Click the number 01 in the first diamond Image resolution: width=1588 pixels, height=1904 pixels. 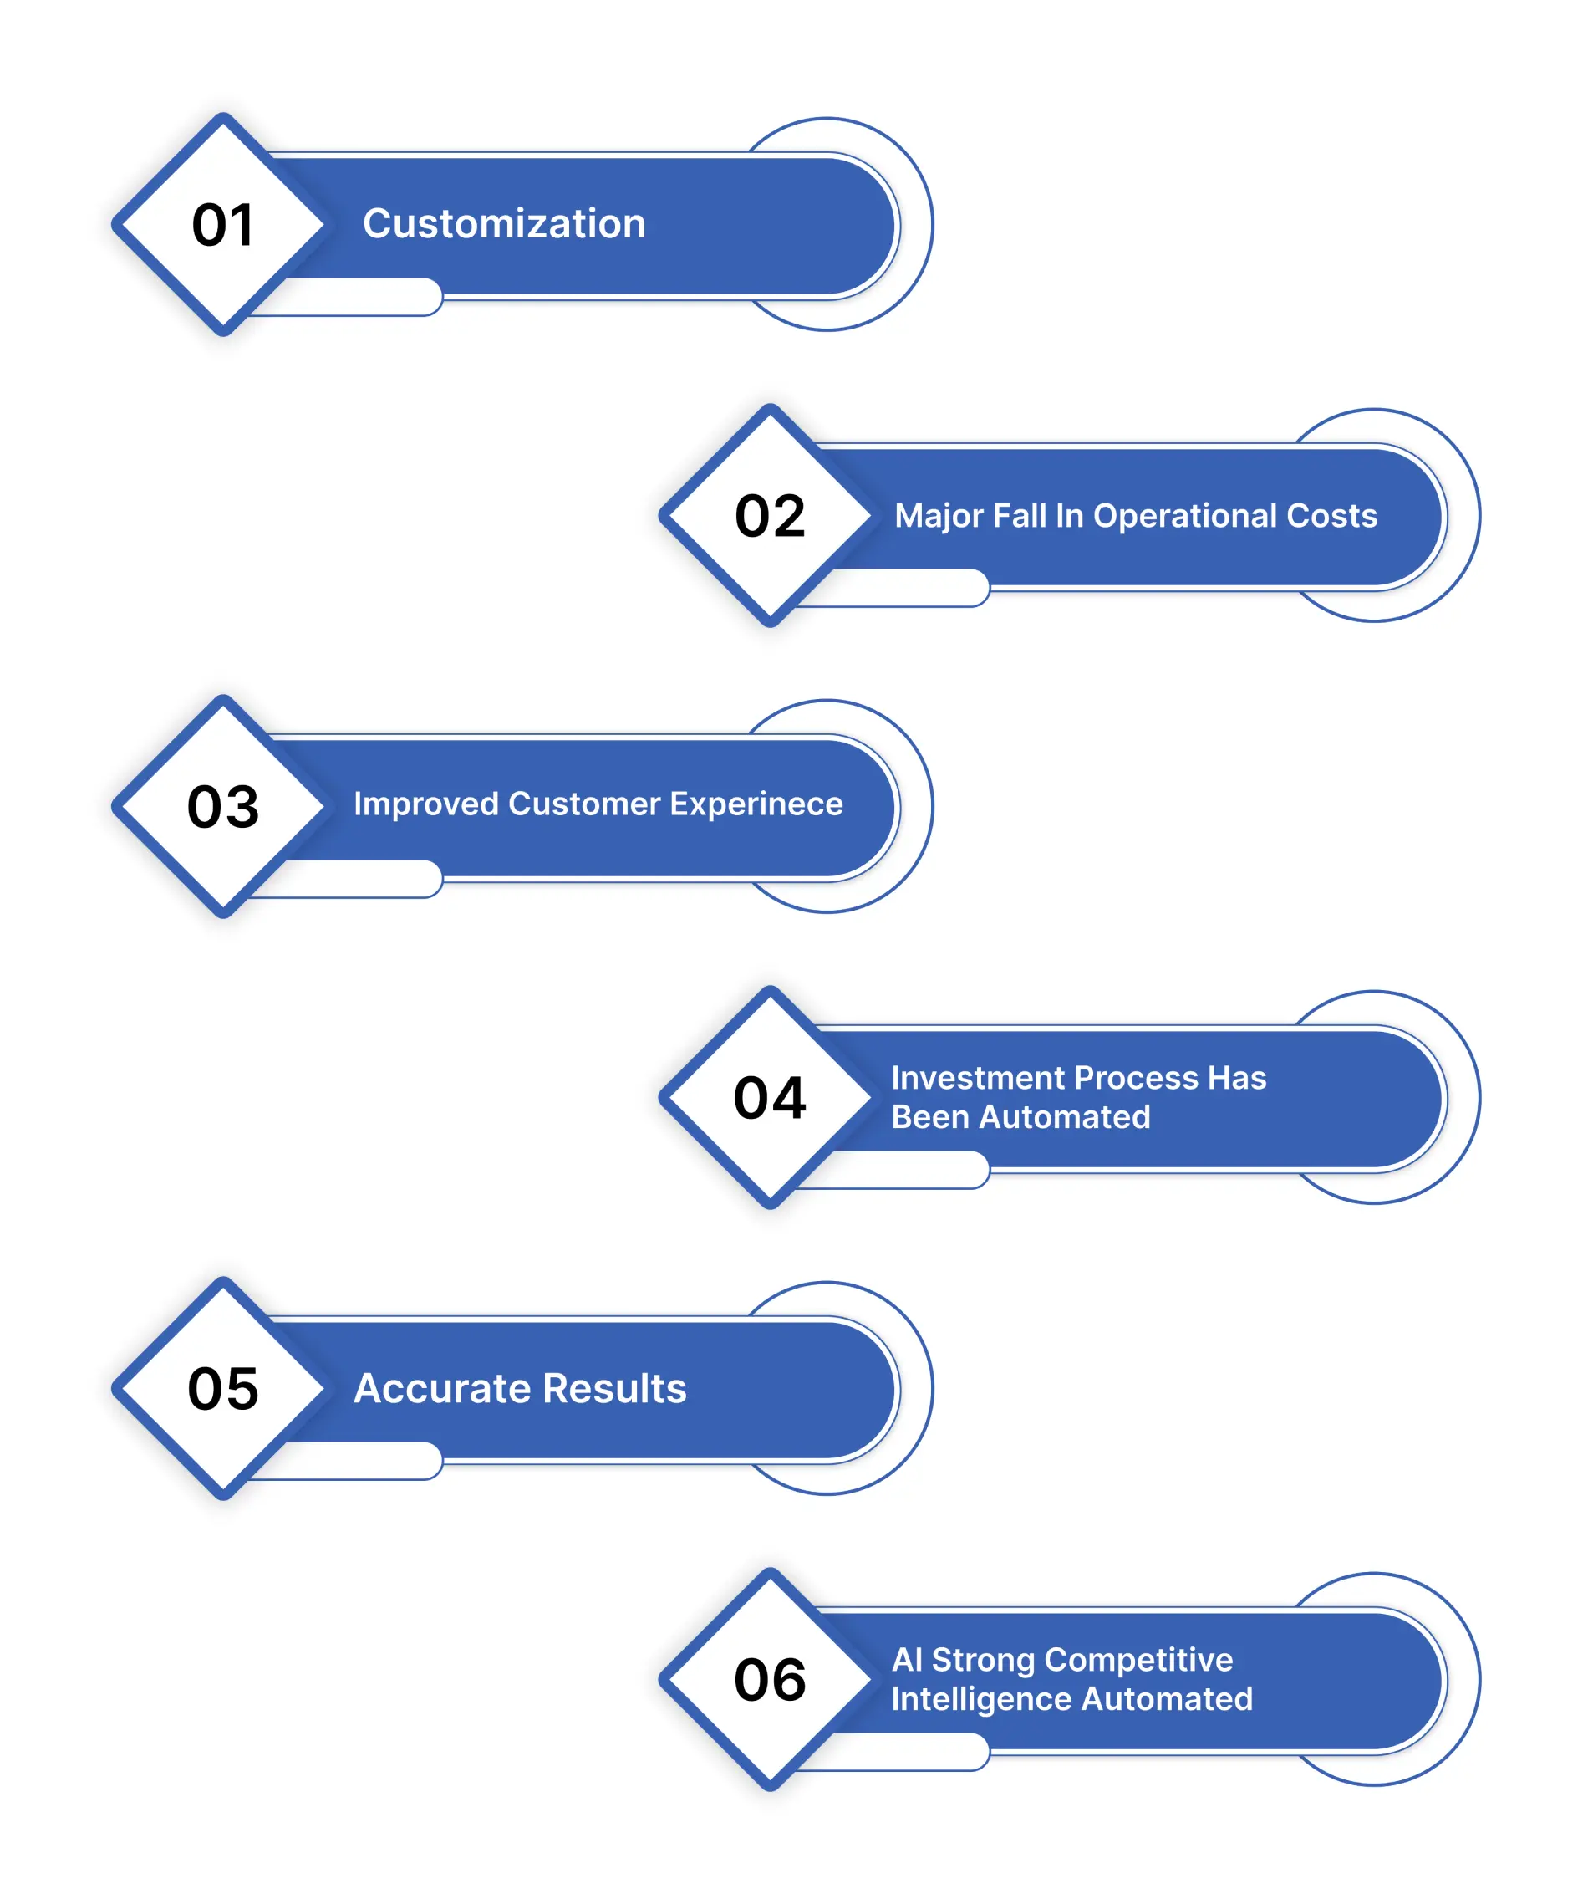click(222, 225)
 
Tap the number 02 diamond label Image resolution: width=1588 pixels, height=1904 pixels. click(770, 516)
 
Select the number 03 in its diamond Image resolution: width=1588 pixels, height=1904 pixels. click(223, 806)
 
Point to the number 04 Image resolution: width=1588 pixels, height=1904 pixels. click(770, 1098)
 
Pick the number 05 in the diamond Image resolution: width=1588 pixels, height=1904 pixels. click(223, 1388)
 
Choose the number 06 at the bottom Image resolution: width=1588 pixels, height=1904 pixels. click(770, 1679)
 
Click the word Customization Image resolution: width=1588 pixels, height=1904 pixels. click(504, 224)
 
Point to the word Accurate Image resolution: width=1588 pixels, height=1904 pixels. click(442, 1389)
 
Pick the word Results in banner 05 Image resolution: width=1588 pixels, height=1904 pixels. click(614, 1389)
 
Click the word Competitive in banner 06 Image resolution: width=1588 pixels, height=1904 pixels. click(1138, 1661)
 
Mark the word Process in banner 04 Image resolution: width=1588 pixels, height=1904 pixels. click(1135, 1078)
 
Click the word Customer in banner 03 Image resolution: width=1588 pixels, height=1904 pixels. click(583, 804)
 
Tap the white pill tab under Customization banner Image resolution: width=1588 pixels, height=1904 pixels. click(344, 298)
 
